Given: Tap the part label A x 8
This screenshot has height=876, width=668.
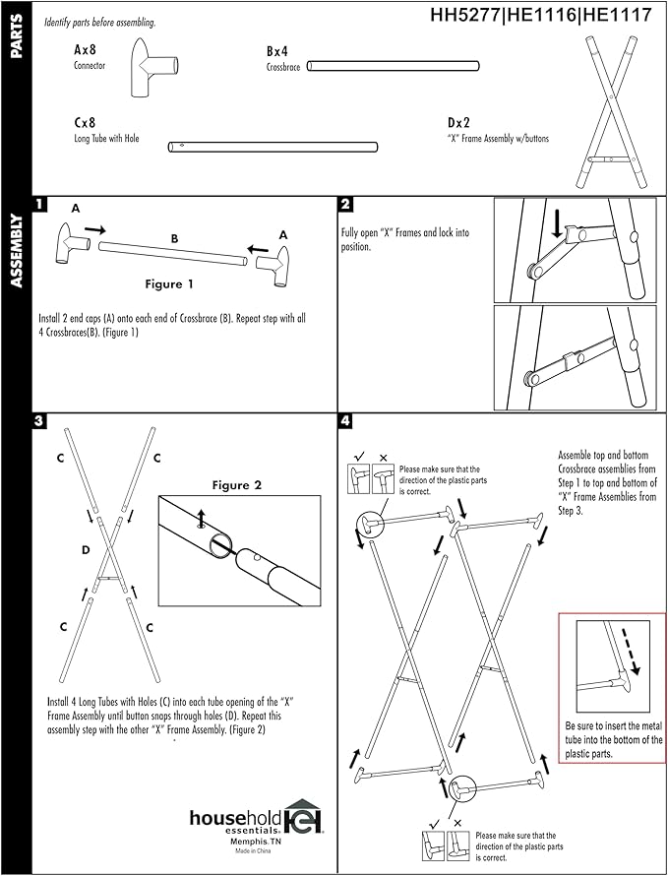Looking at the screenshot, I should pos(86,48).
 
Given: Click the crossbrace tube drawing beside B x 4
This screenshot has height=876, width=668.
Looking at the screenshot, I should pos(393,66).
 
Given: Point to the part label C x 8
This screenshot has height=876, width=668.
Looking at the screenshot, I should pos(86,123).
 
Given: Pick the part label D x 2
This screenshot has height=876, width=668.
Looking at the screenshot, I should pos(458,123).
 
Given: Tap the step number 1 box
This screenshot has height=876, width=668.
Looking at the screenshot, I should pos(40,205).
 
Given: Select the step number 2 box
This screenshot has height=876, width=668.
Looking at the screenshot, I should pos(345,205).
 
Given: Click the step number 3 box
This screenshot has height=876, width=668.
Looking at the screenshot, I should pos(40,420).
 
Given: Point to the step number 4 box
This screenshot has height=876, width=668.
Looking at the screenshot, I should pos(345,420).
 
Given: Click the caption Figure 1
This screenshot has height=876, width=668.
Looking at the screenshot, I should pos(169,284).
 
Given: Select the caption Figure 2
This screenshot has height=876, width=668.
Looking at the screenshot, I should pos(237,485).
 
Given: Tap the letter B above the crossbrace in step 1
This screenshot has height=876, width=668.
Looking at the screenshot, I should pos(174,237).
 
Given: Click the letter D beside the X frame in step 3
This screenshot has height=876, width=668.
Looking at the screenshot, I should pos(86,549).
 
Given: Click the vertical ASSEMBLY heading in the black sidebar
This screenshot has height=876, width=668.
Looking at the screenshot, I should pos(17,251).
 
